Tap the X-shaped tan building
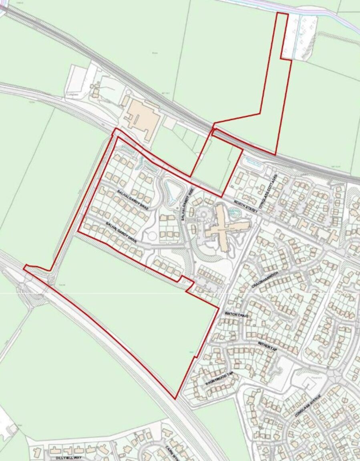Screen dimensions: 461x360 (x=225, y=227)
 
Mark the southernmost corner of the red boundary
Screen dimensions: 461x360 (x=175, y=399)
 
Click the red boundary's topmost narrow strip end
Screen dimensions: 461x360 (x=283, y=14)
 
